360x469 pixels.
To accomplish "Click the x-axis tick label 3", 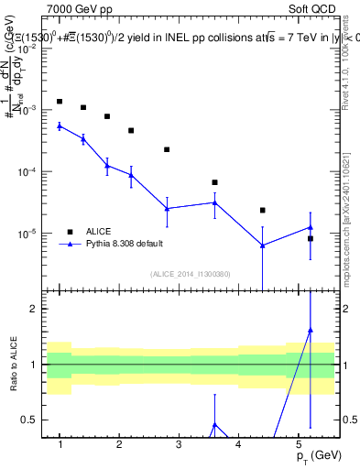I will coord(179,443).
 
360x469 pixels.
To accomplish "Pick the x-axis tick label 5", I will coord(298,443).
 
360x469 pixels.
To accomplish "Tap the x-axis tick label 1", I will coord(60,443).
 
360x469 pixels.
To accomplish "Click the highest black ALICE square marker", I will coord(60,102).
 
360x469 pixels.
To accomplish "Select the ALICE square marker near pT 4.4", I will coord(262,211).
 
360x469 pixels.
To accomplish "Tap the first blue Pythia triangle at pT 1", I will coord(60,125).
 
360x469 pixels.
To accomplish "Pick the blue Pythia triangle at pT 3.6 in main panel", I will coord(214,202).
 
